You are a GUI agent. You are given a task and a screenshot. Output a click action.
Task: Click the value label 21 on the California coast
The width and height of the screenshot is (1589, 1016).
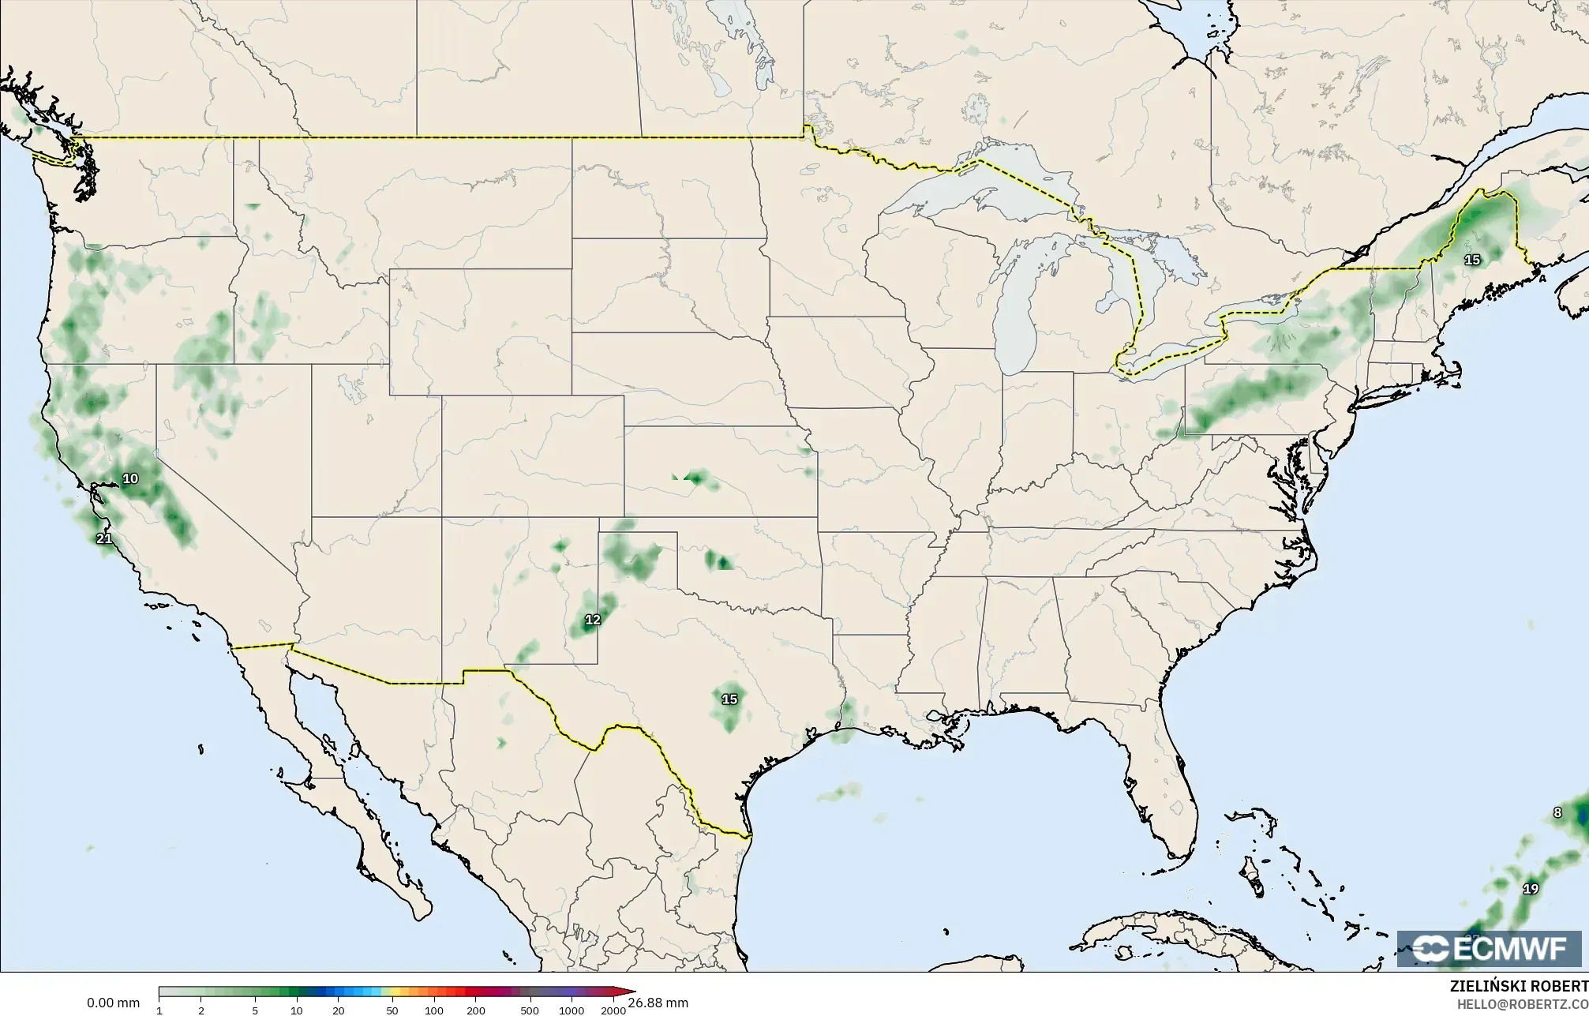pyautogui.click(x=104, y=539)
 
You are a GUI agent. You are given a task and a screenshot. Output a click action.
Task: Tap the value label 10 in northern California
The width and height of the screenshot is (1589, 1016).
pyautogui.click(x=130, y=478)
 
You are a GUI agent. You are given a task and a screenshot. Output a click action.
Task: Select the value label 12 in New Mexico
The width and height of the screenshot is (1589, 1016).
pyautogui.click(x=592, y=620)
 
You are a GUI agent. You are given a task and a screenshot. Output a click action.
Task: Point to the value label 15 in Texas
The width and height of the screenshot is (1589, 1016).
pyautogui.click(x=729, y=699)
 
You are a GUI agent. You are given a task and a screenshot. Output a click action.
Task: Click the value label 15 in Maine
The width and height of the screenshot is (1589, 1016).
pyautogui.click(x=1471, y=260)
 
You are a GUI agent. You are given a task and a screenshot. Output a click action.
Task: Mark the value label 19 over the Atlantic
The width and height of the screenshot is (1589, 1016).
pyautogui.click(x=1531, y=889)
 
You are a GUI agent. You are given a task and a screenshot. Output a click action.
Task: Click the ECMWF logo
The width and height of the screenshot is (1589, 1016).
pyautogui.click(x=1489, y=949)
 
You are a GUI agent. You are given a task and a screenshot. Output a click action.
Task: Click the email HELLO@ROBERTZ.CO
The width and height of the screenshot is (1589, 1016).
pyautogui.click(x=1522, y=1004)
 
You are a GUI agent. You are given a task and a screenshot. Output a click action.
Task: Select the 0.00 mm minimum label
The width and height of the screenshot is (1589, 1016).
pyautogui.click(x=113, y=1003)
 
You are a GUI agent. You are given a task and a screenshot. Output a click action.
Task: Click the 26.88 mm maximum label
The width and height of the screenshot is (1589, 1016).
pyautogui.click(x=658, y=1003)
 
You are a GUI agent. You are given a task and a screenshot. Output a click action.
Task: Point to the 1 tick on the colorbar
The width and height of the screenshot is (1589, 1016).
pyautogui.click(x=159, y=1010)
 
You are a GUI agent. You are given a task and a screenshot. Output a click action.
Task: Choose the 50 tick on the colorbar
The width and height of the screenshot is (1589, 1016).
pyautogui.click(x=392, y=1010)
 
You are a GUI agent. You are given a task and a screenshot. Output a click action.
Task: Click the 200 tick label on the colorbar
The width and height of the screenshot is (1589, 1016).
pyautogui.click(x=475, y=1010)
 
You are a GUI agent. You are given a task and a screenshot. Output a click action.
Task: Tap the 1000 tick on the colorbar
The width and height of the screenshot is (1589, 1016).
pyautogui.click(x=571, y=1010)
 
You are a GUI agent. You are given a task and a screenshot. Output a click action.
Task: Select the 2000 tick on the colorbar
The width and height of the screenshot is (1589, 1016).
pyautogui.click(x=613, y=1010)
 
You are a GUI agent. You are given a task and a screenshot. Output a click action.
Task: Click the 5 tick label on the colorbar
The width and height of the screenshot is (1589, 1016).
pyautogui.click(x=255, y=1010)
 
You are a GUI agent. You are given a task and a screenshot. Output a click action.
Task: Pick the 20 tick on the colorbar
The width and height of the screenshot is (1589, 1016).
pyautogui.click(x=338, y=1010)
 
